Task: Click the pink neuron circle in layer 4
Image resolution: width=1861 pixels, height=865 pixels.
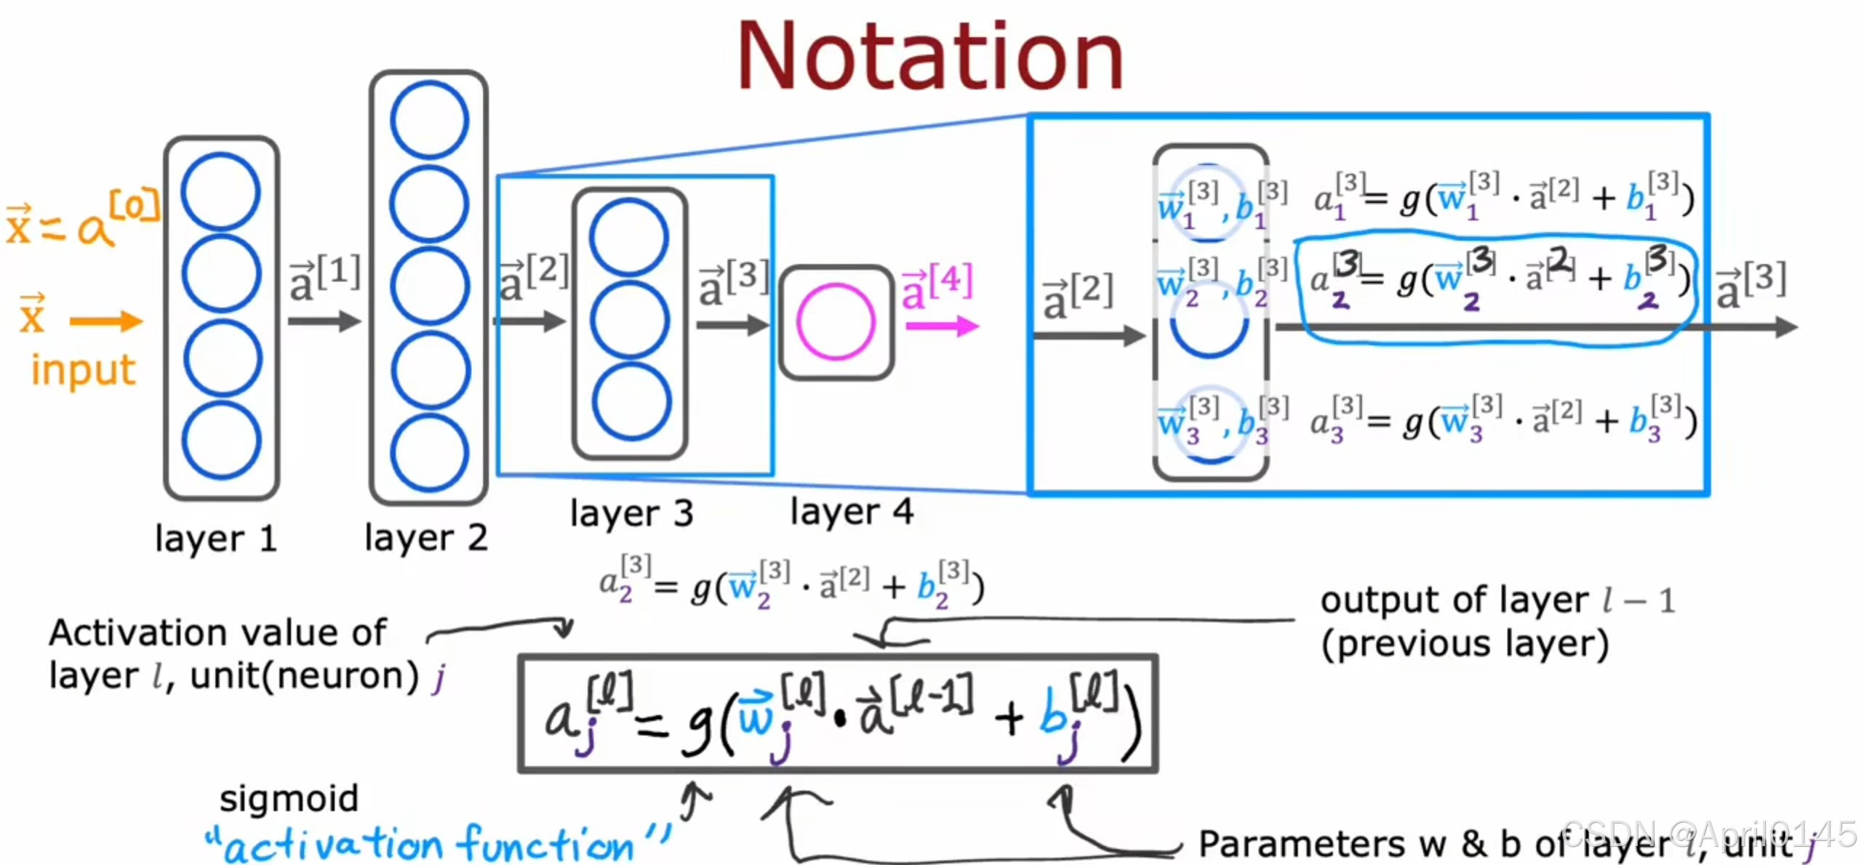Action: point(836,322)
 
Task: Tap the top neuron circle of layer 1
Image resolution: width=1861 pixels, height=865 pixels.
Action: point(221,192)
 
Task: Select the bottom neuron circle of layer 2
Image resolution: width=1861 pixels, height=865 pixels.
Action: point(429,452)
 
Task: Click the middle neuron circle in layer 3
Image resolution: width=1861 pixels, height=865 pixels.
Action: point(630,320)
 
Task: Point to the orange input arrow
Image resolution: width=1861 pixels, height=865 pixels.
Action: point(106,321)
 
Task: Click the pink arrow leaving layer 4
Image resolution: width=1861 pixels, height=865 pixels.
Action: point(942,326)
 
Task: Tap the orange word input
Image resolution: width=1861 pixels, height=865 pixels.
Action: point(83,369)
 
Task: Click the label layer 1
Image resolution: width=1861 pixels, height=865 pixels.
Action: point(216,539)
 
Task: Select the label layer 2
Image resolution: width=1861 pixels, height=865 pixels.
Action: point(426,538)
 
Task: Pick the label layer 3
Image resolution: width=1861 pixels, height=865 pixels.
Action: point(631,513)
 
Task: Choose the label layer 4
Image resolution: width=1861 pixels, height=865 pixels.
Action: point(852,511)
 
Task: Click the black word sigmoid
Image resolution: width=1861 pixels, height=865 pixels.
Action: point(289,798)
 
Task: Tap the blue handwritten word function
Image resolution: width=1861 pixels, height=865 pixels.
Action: point(545,845)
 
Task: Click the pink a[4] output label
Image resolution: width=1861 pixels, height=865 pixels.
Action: point(937,285)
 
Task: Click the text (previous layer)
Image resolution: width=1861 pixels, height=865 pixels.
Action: point(1465,644)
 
